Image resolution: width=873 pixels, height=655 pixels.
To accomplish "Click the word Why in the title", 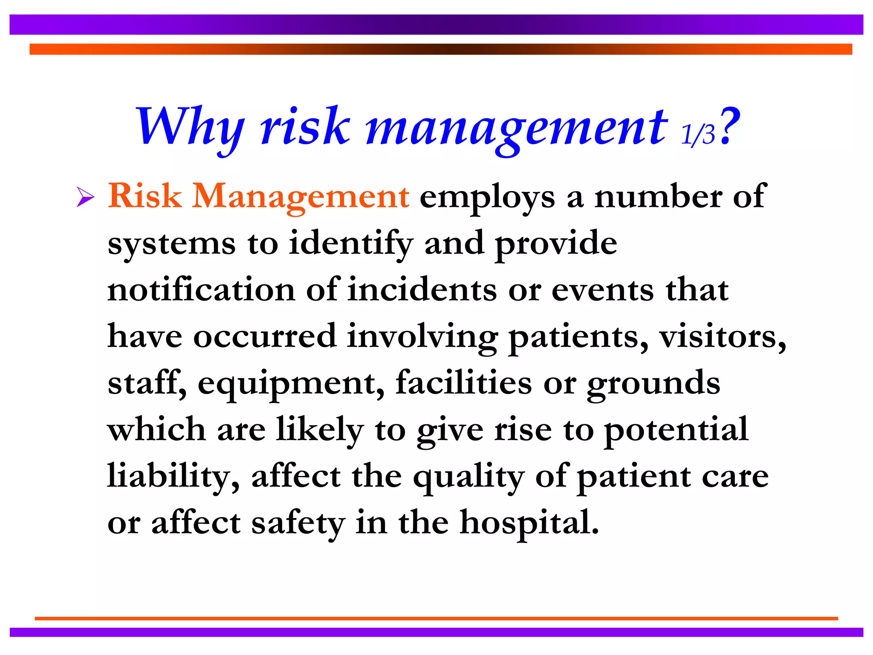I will pyautogui.click(x=190, y=127).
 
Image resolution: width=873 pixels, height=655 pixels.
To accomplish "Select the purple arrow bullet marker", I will pyautogui.click(x=85, y=197).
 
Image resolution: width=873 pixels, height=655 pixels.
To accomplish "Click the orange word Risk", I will pyautogui.click(x=145, y=196).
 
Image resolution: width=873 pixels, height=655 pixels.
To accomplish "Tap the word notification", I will pyautogui.click(x=201, y=290).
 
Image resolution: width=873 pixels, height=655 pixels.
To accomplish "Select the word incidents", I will pyautogui.click(x=422, y=290).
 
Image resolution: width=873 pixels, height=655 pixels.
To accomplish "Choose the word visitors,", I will pyautogui.click(x=723, y=336).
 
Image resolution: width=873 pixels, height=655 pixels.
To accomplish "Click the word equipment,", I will pyautogui.click(x=291, y=384).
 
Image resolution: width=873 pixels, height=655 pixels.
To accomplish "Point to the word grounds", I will pyautogui.click(x=653, y=384).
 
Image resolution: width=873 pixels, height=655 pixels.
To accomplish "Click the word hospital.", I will pyautogui.click(x=529, y=523).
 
